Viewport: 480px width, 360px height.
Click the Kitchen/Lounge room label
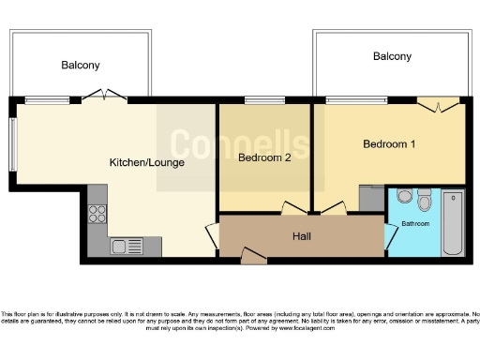coord(147,162)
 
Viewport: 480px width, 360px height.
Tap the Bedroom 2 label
coord(263,157)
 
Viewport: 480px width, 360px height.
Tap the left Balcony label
coord(81,66)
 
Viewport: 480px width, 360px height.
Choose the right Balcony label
coord(392,57)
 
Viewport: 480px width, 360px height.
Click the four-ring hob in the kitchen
coord(97,213)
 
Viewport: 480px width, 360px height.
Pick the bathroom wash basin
coord(403,197)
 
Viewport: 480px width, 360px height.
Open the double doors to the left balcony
coord(101,95)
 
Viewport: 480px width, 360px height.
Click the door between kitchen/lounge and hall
coord(212,237)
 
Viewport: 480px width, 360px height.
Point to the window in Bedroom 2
coord(265,99)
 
